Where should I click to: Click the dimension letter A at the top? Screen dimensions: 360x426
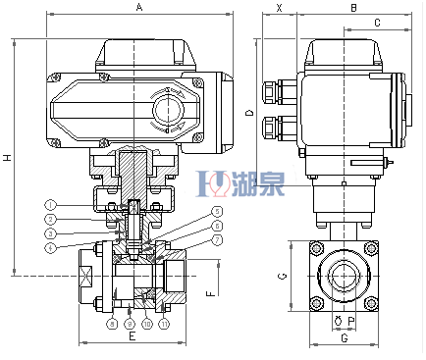(139, 9)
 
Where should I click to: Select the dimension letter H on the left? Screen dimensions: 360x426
(8, 158)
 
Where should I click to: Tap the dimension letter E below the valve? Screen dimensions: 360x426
(132, 335)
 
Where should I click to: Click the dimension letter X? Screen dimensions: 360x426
(280, 9)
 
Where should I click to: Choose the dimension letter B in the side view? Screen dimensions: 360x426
(352, 9)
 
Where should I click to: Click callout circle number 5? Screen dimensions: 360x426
(218, 211)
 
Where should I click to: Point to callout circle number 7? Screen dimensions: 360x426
(218, 240)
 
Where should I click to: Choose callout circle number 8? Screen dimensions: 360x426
(112, 323)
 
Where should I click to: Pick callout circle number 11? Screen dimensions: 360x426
(164, 323)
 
